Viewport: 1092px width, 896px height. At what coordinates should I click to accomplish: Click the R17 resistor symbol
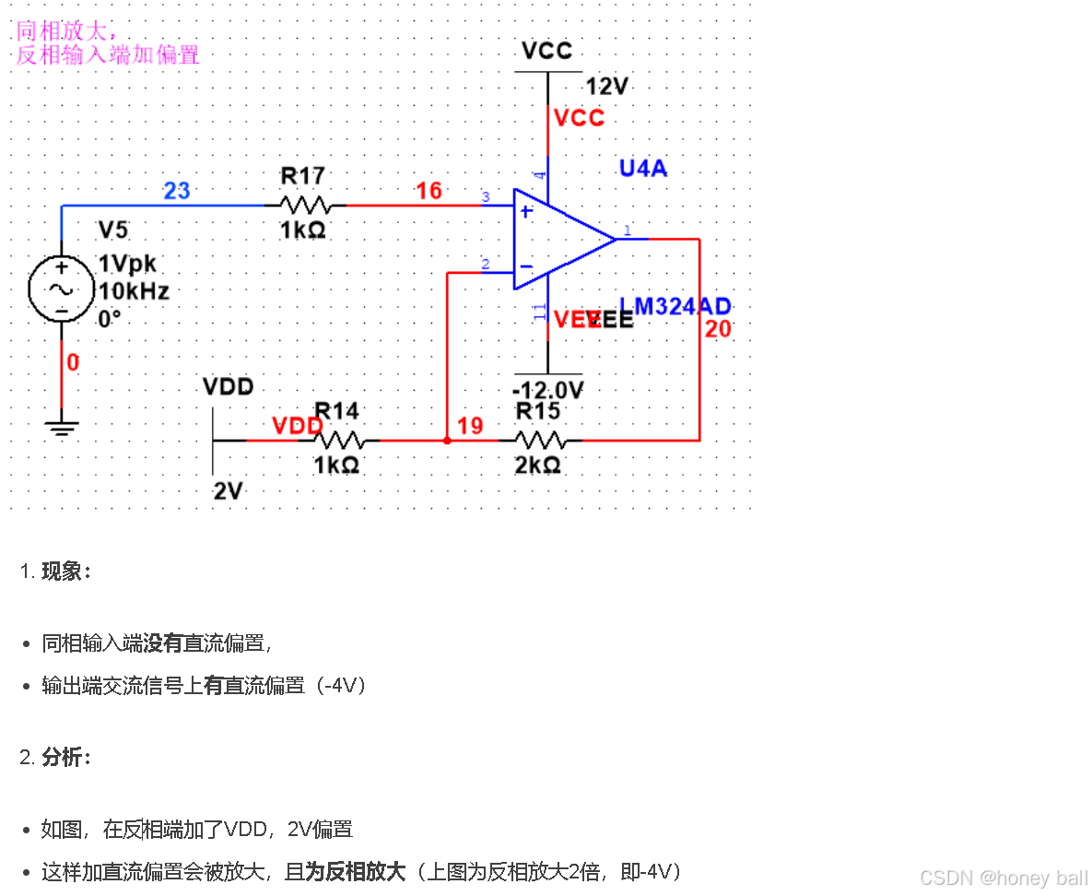coord(304,205)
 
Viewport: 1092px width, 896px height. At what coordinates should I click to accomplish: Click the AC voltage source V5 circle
coord(61,289)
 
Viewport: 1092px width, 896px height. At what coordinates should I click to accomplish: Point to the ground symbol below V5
coord(61,429)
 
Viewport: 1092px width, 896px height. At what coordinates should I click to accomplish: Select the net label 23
coord(176,191)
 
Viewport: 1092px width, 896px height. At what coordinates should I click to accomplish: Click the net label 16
coord(429,191)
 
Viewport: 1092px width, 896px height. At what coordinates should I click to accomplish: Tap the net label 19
coord(470,426)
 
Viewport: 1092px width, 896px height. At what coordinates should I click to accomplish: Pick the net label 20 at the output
coord(718,329)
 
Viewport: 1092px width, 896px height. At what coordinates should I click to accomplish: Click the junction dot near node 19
coord(447,441)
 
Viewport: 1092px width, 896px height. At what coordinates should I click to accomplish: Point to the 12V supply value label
coord(607,87)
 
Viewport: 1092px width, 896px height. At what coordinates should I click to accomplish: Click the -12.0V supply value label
coord(549,387)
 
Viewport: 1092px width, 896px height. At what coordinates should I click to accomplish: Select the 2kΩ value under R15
coord(538,466)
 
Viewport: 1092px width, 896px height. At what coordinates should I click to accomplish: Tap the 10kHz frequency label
coord(135,291)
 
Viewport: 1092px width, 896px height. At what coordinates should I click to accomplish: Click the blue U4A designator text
coord(643,168)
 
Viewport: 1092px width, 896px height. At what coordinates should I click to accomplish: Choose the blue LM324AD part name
coord(675,307)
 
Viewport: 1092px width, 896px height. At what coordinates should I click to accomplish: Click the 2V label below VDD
coord(228,491)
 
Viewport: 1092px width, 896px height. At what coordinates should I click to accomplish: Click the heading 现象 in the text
coord(65,572)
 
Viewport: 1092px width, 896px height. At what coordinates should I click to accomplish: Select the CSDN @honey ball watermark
coord(1004,877)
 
